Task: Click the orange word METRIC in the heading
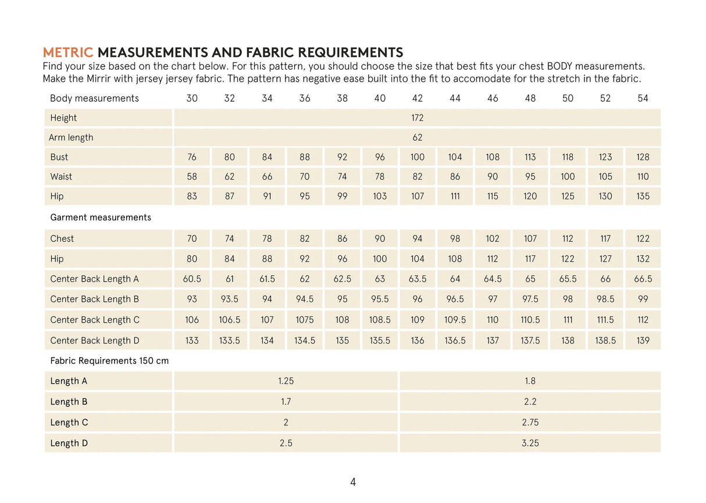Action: (x=68, y=53)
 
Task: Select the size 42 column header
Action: (x=417, y=98)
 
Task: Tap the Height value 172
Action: (x=417, y=118)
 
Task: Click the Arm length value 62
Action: (x=417, y=138)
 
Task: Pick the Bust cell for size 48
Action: (x=530, y=157)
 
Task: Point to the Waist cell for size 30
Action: (x=192, y=177)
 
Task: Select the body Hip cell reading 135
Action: (x=643, y=197)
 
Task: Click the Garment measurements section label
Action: (x=101, y=217)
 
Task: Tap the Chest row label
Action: (x=62, y=239)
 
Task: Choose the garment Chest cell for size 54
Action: (x=643, y=239)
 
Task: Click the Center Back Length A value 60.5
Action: (x=192, y=279)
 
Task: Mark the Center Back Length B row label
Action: (x=95, y=299)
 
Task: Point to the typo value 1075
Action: (x=305, y=320)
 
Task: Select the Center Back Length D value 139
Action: (x=643, y=341)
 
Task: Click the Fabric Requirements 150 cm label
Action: (x=109, y=361)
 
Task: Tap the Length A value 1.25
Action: (x=286, y=381)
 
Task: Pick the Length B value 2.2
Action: (x=530, y=402)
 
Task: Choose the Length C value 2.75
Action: (x=530, y=423)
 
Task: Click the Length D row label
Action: (x=69, y=443)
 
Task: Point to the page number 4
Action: (x=353, y=482)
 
